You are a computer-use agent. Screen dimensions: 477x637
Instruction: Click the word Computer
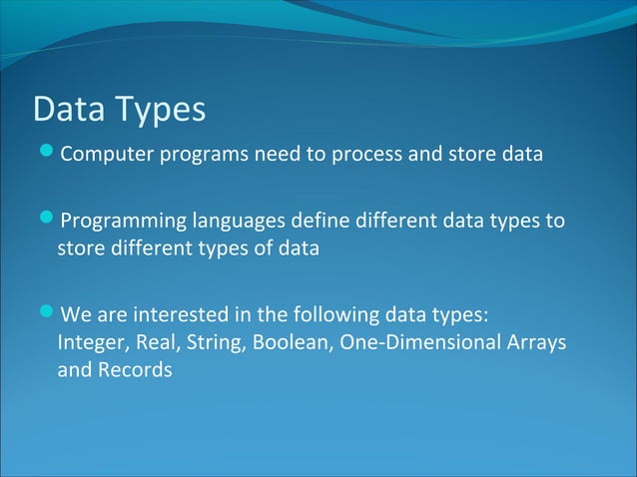[101, 156]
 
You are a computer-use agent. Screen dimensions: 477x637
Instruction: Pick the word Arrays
[534, 343]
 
